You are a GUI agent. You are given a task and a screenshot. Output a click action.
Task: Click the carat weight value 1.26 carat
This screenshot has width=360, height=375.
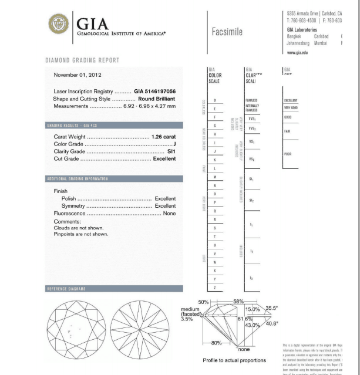pyautogui.click(x=164, y=137)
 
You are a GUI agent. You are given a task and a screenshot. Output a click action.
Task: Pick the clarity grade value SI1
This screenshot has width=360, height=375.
pyautogui.click(x=171, y=151)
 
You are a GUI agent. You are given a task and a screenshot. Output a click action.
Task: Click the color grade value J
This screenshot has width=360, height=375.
pyautogui.click(x=174, y=144)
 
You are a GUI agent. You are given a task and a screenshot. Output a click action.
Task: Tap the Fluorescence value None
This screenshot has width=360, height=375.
pyautogui.click(x=169, y=214)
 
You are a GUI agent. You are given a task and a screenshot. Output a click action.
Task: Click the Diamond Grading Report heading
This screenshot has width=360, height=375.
pyautogui.click(x=82, y=60)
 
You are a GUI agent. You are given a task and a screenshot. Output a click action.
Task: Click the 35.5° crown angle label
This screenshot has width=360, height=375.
pyautogui.click(x=272, y=308)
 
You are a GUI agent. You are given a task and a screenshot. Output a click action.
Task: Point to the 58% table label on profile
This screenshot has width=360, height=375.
pyautogui.click(x=238, y=301)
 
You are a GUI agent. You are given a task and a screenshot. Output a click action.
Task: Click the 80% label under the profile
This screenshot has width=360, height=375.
pyautogui.click(x=216, y=343)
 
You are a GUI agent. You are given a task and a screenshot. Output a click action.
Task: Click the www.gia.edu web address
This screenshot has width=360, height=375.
pyautogui.click(x=297, y=52)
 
